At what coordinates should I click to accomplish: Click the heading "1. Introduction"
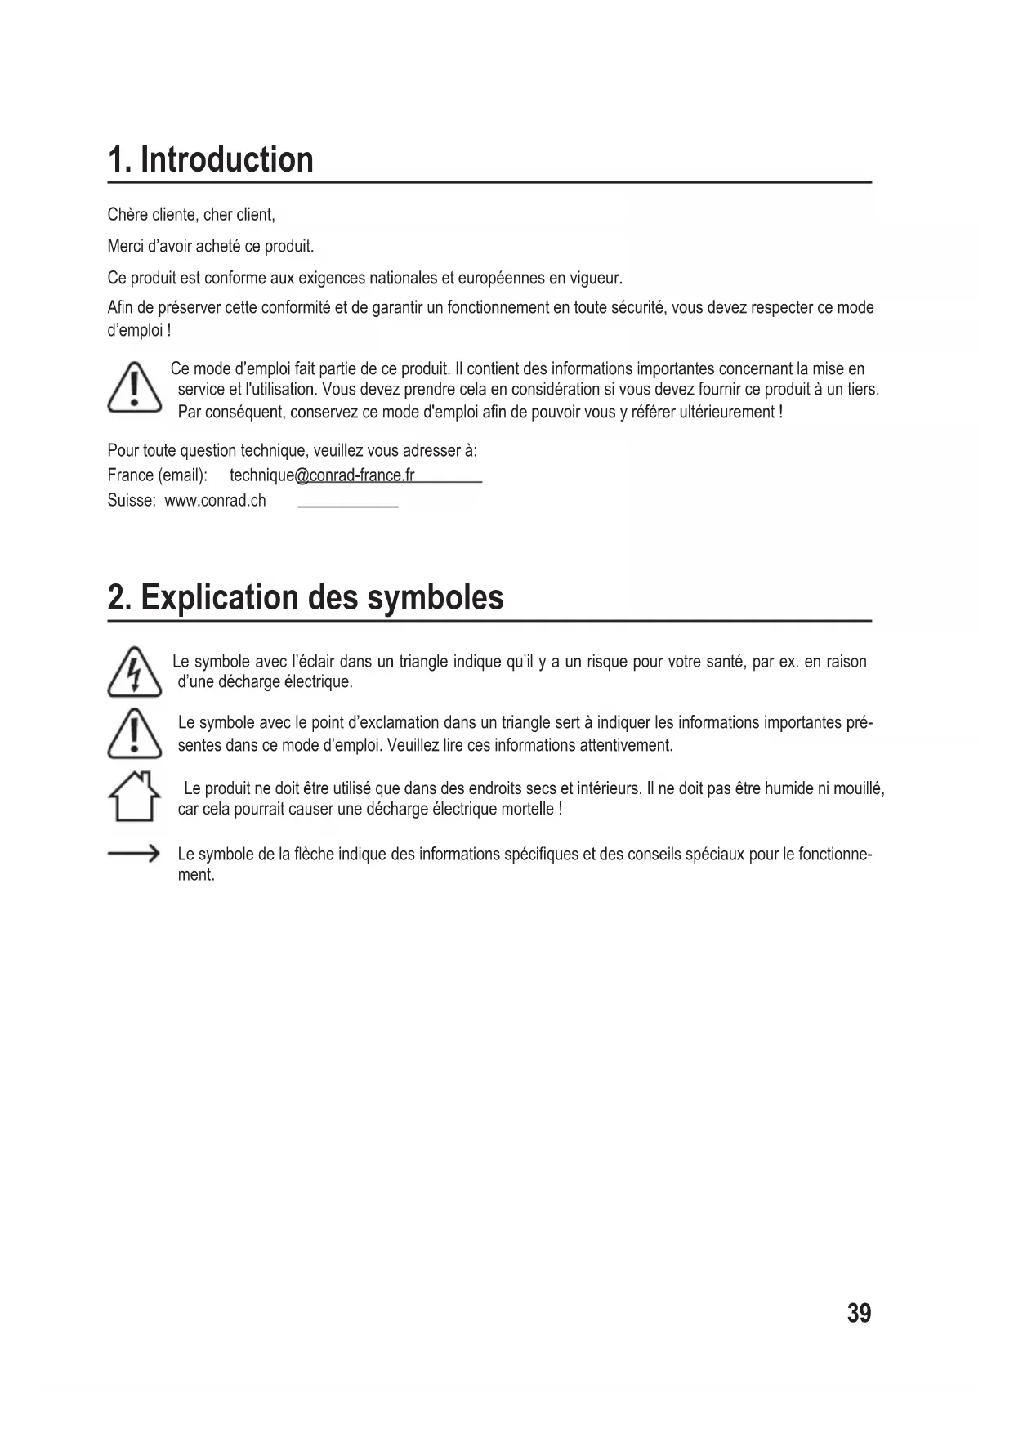pos(211,159)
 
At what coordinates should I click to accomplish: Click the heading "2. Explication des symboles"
pos(306,597)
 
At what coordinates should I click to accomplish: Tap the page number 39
pos(859,1313)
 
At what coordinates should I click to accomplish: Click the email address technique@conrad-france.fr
pos(322,475)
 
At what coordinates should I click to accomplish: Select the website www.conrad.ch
pos(215,501)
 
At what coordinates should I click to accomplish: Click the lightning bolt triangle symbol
pos(134,672)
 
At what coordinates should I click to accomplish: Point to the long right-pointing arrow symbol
pos(133,855)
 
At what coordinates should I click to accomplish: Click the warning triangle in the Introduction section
pos(134,388)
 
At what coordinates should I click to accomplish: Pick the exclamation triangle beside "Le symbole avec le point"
pos(134,733)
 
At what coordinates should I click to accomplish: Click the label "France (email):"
pos(157,475)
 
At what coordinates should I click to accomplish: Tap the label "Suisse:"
pos(132,501)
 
